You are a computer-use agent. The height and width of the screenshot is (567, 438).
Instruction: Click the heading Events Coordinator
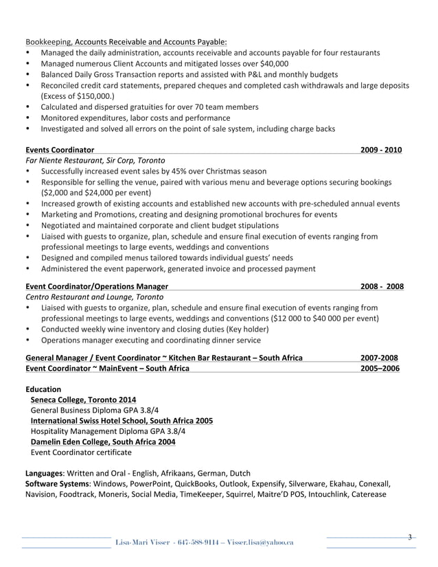[x=60, y=150]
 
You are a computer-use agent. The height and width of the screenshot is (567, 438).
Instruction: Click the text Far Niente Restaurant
[x=62, y=161]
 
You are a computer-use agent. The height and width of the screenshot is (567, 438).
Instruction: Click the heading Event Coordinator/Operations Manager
[x=96, y=286]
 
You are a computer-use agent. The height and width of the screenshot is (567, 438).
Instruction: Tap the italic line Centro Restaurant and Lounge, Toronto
[x=94, y=297]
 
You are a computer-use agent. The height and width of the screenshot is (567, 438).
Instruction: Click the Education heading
[x=43, y=389]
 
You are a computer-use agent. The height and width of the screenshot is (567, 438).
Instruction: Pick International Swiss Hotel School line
[x=122, y=420]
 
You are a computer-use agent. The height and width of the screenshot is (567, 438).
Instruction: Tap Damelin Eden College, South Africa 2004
[x=103, y=441]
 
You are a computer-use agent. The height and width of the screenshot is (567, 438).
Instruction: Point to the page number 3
[x=409, y=537]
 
